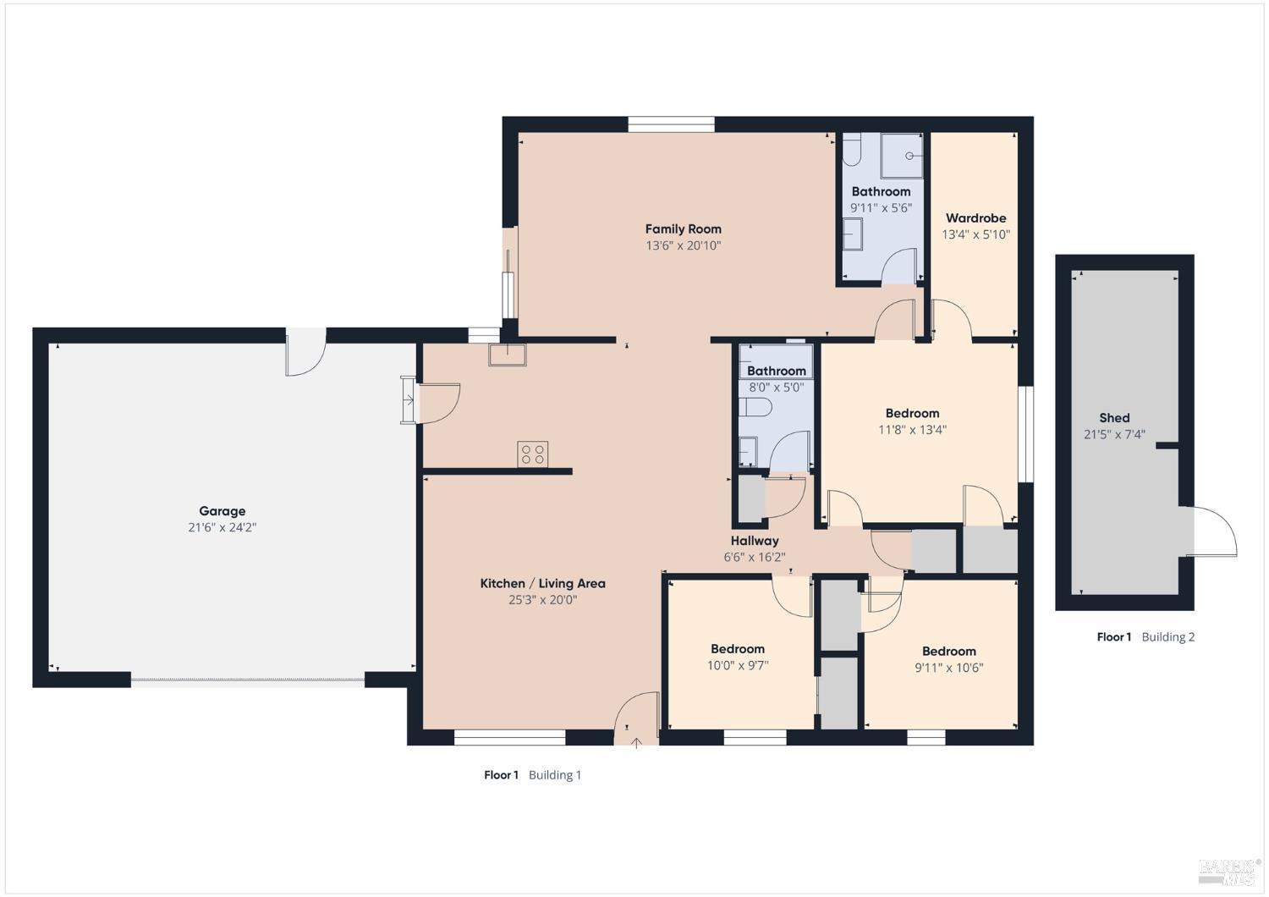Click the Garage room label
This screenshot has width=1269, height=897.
(x=222, y=511)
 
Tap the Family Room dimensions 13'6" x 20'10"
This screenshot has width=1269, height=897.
(x=683, y=246)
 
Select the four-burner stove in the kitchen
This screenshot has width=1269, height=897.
(x=533, y=454)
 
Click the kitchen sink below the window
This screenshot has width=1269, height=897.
(x=507, y=354)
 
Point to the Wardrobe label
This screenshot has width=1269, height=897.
(x=975, y=218)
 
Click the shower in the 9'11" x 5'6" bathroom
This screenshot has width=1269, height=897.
(x=904, y=155)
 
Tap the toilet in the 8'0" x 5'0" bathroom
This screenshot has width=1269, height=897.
(x=755, y=408)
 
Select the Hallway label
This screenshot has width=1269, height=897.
(x=755, y=541)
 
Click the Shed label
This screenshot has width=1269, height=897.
(x=1114, y=418)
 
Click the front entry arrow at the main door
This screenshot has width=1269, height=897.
(x=637, y=743)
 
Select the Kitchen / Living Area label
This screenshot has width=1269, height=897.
(x=542, y=583)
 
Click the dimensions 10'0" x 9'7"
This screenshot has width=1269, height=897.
(x=738, y=666)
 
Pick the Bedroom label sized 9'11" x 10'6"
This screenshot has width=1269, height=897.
(x=948, y=652)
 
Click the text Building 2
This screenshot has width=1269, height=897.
(x=1167, y=637)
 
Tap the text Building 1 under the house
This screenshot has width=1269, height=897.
(x=554, y=775)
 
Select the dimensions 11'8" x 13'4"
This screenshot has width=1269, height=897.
(x=912, y=430)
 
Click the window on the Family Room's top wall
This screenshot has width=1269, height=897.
(x=671, y=124)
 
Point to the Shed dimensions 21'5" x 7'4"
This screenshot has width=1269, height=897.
(x=1114, y=435)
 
